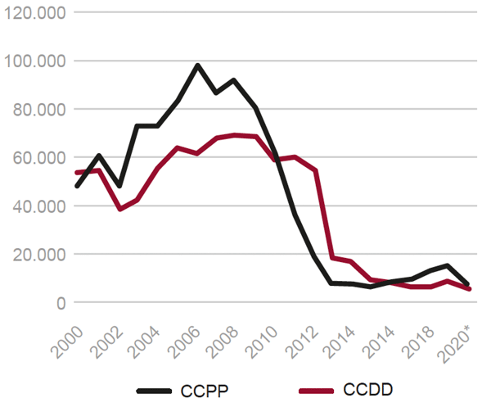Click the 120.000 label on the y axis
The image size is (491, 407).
[x=34, y=13]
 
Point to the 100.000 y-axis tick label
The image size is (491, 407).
[x=34, y=61]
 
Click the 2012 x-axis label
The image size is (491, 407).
[x=304, y=337]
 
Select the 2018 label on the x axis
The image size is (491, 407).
[x=424, y=337]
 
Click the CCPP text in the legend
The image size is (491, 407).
[x=201, y=392]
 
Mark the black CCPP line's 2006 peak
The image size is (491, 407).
[x=197, y=65]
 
